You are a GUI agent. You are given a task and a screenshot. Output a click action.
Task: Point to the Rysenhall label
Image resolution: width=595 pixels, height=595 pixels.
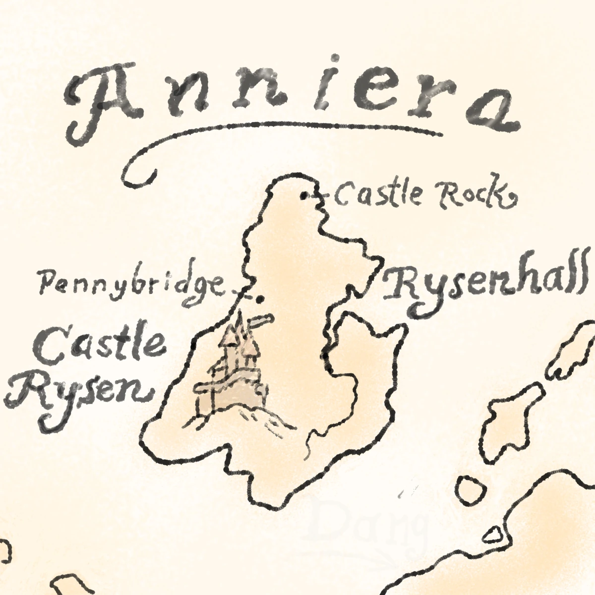tap(483, 288)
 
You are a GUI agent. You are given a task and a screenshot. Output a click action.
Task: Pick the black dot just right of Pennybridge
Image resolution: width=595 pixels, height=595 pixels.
tap(259, 298)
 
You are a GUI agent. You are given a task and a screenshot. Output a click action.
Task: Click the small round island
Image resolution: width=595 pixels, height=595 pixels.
tap(469, 488)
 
